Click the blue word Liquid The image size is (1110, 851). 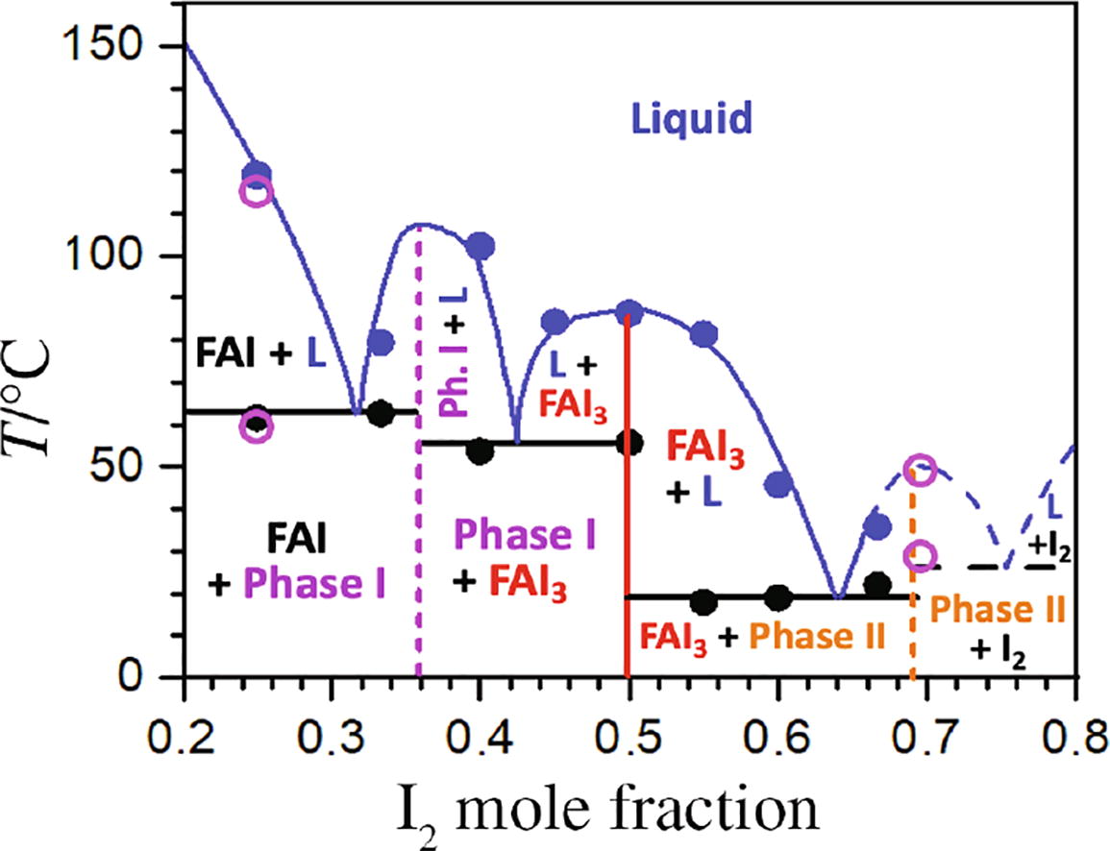pos(690,120)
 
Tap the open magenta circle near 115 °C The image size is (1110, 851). pos(257,190)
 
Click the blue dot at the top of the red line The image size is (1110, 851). pos(629,312)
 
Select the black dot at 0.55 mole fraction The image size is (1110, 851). pos(704,602)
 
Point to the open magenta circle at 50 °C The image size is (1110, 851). pos(920,469)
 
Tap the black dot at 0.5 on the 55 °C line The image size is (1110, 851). pos(629,443)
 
